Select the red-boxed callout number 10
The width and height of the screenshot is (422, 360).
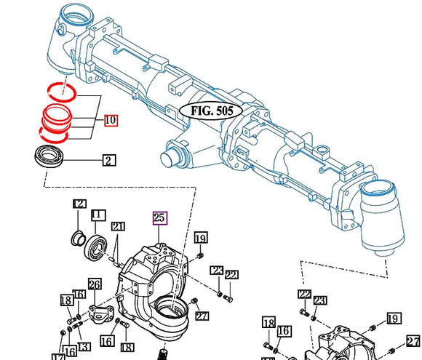coord(110,120)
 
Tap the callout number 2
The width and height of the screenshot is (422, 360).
coord(108,160)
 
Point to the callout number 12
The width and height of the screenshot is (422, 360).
coord(79,205)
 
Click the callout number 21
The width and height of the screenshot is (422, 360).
coord(118,227)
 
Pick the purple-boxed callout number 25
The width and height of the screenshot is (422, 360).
coord(159,217)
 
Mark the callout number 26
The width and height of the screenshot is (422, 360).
coord(95,284)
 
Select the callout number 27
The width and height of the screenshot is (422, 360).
coord(202,315)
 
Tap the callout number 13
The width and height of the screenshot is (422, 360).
coord(84,346)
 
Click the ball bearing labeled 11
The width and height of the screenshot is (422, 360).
coord(95,245)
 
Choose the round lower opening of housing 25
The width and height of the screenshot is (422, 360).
coord(169,315)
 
